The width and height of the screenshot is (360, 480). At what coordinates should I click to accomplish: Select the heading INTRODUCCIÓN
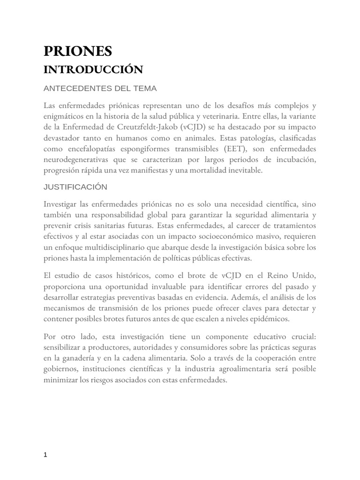pos(92,70)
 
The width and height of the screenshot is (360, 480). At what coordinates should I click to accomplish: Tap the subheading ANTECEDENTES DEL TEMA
pos(100,88)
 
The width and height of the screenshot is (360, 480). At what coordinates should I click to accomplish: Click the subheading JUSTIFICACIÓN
pos(75,187)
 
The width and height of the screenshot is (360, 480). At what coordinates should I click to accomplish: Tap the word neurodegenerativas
pos(81,159)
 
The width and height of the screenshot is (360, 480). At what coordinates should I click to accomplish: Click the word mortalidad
pos(217,170)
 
